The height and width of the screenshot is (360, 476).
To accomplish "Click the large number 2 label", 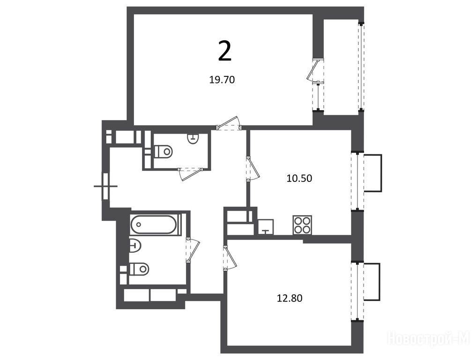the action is [224, 52].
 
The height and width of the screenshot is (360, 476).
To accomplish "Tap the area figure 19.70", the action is [222, 80].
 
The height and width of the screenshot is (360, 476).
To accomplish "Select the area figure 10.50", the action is [299, 178].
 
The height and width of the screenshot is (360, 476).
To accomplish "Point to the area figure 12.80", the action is [290, 298].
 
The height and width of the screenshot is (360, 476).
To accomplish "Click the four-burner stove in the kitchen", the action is [302, 225].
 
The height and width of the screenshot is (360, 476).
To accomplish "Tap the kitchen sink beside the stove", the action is [266, 226].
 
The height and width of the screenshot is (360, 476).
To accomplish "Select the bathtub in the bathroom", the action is [154, 225].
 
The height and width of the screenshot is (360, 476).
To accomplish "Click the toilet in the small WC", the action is [164, 151].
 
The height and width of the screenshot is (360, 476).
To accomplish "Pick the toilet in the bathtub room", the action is [139, 269].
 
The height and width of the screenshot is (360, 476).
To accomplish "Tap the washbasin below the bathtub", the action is [135, 245].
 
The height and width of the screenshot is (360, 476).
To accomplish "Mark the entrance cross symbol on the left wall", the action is [105, 186].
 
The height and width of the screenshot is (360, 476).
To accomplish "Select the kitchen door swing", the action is [253, 169].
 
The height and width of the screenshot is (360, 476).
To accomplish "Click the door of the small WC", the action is [190, 174].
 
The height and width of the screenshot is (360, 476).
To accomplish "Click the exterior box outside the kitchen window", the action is [372, 173].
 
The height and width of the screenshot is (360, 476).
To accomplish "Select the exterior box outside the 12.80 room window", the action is [372, 282].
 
